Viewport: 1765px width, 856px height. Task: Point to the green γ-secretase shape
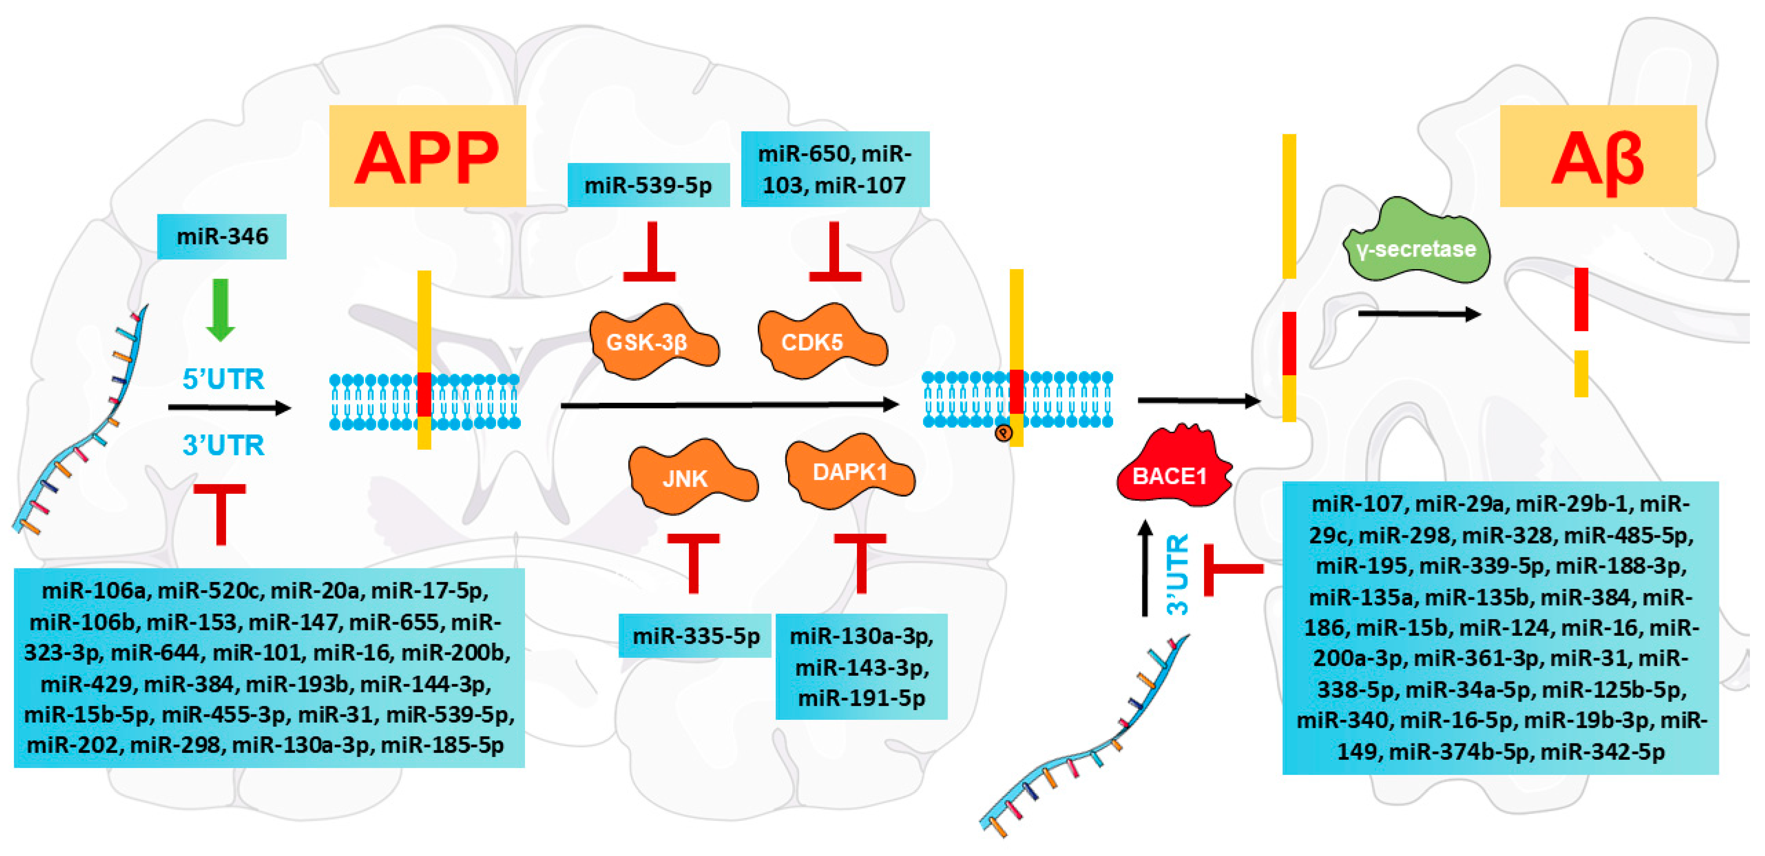(1415, 247)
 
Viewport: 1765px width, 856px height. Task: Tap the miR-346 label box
(221, 237)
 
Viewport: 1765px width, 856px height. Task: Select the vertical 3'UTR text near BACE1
(1178, 574)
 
